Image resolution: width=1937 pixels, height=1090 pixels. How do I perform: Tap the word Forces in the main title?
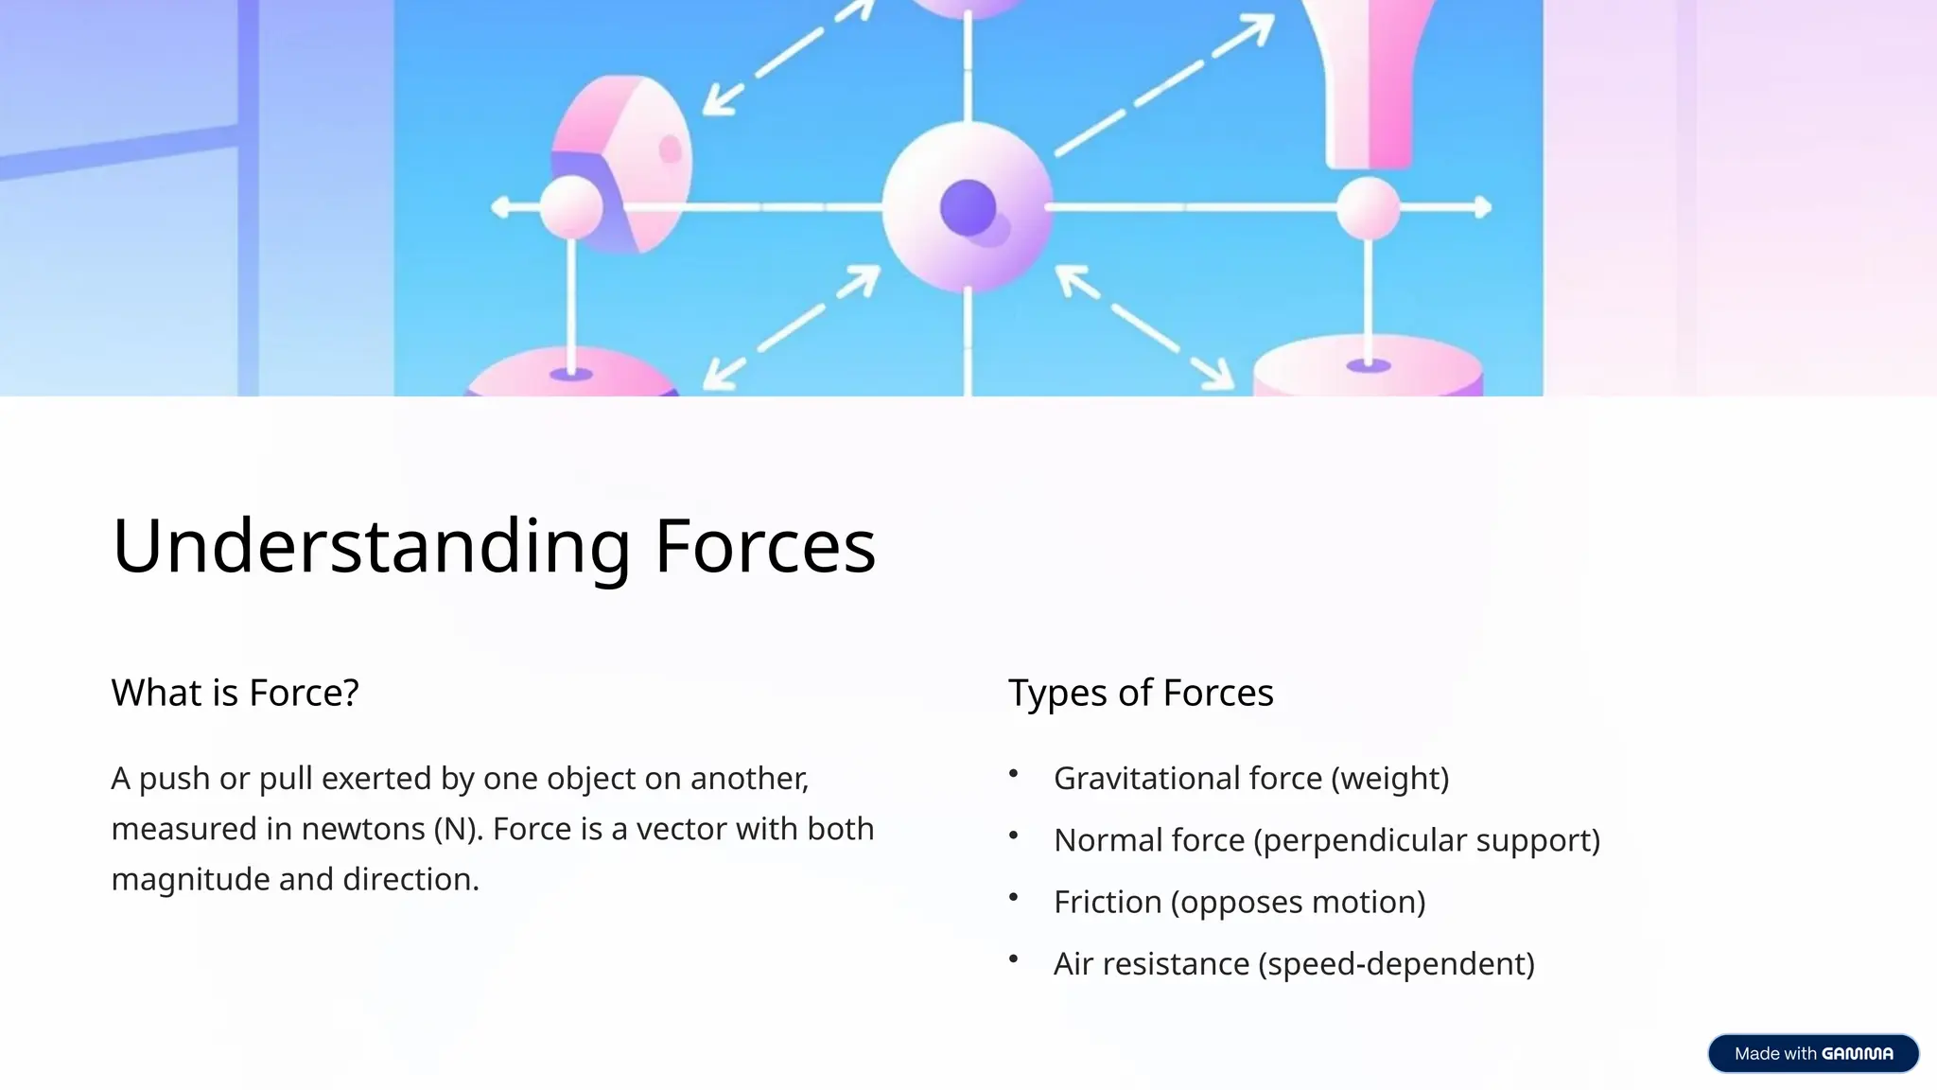point(764,547)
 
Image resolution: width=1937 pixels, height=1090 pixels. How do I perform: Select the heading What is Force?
point(235,693)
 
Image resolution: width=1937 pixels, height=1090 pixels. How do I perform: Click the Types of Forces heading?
point(1141,693)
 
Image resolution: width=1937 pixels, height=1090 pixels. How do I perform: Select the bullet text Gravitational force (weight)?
point(1250,779)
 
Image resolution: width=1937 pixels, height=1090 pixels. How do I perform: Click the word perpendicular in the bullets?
point(1358,840)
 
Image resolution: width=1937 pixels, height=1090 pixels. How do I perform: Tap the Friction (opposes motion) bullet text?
point(1239,902)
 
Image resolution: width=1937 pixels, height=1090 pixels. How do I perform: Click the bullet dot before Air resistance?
point(1013,959)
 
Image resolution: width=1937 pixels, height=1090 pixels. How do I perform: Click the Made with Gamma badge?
point(1812,1053)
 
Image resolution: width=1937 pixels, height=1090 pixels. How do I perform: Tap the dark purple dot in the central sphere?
point(968,207)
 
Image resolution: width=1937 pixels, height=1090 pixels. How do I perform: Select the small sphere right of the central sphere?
point(1368,208)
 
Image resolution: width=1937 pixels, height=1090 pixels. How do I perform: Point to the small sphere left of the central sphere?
point(570,208)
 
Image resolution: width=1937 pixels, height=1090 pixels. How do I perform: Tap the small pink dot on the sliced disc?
point(670,149)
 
